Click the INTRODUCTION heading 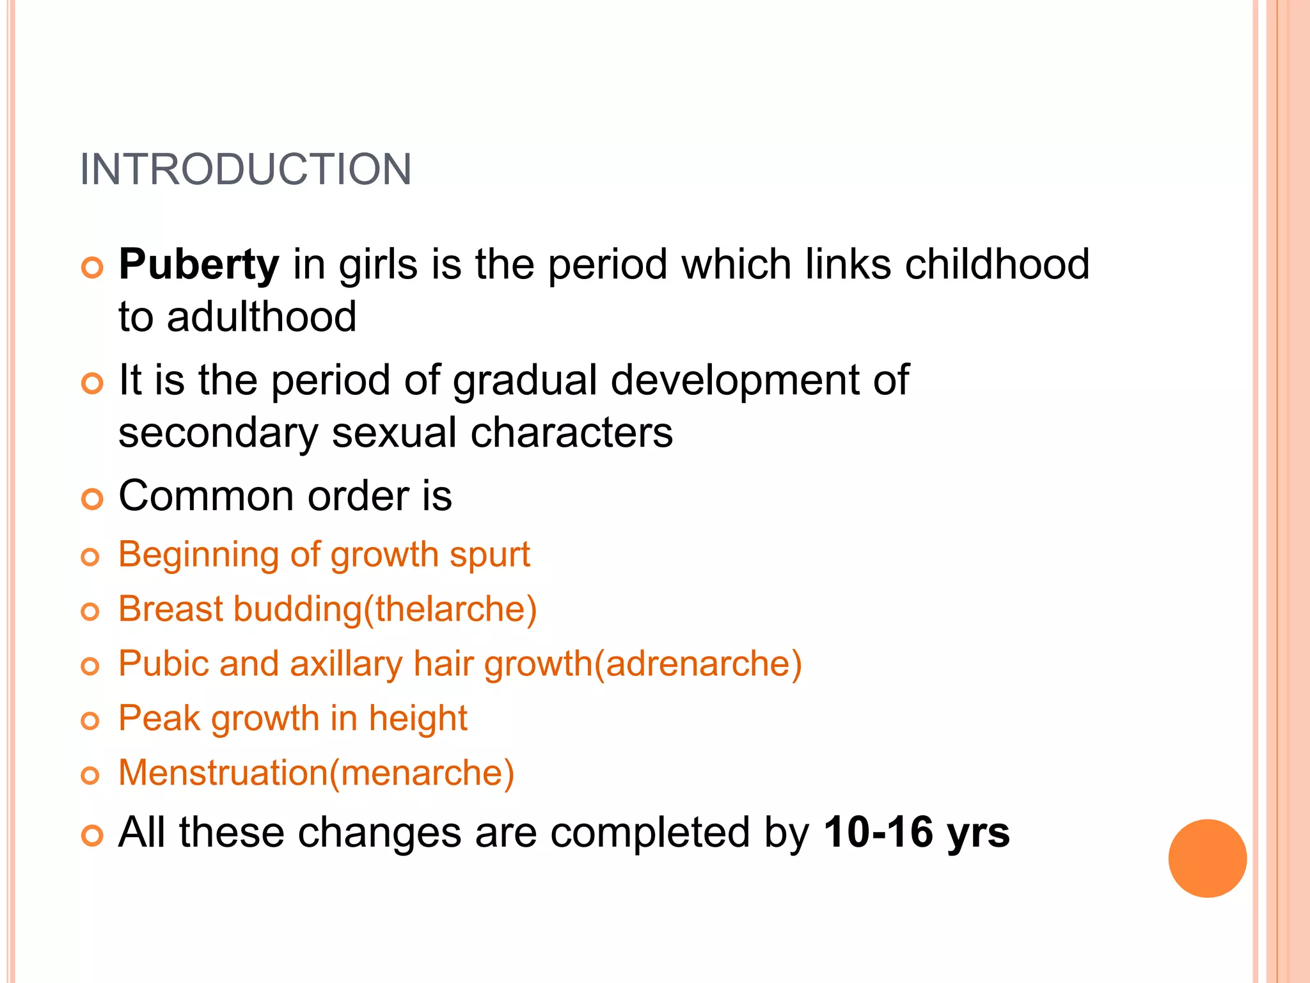[246, 170]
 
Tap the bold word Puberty [199, 264]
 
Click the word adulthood [262, 317]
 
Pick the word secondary [218, 433]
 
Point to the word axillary [346, 664]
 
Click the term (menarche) [422, 773]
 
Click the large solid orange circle [1207, 858]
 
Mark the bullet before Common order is [92, 499]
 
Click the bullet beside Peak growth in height [91, 721]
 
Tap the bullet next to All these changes [92, 835]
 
